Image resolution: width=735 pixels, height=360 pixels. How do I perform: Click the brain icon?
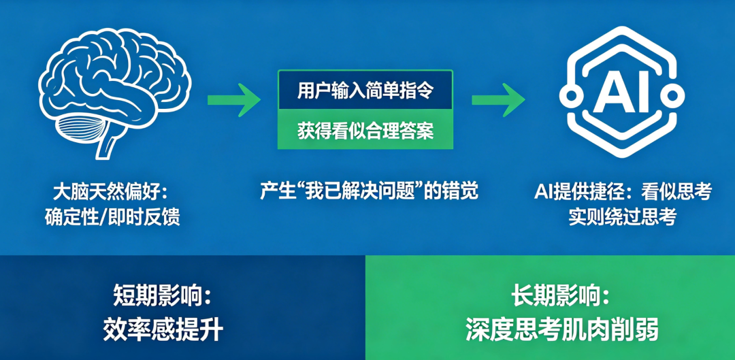[114, 91]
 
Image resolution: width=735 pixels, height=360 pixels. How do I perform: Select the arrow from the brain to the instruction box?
[234, 99]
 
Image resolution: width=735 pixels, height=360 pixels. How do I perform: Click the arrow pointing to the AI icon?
[498, 99]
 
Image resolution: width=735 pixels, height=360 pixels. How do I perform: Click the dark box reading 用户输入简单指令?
[365, 90]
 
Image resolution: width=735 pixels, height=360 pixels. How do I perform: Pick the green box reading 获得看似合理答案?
[365, 129]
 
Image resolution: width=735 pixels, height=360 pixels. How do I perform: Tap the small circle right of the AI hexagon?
[671, 96]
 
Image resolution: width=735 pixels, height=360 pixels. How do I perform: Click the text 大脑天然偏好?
[106, 193]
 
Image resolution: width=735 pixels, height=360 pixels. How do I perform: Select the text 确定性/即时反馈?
[112, 218]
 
